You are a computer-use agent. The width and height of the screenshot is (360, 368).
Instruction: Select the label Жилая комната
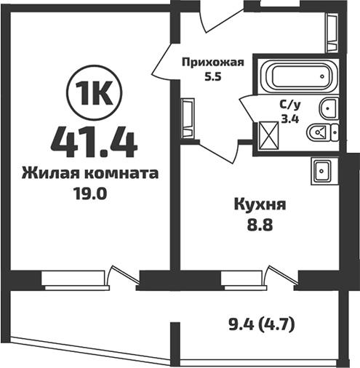(x=90, y=174)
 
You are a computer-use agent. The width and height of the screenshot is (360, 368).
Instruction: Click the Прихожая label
(x=211, y=63)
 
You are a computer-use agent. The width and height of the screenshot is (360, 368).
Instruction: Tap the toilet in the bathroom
(x=321, y=132)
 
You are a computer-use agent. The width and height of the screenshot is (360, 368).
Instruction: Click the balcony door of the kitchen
(x=280, y=276)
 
